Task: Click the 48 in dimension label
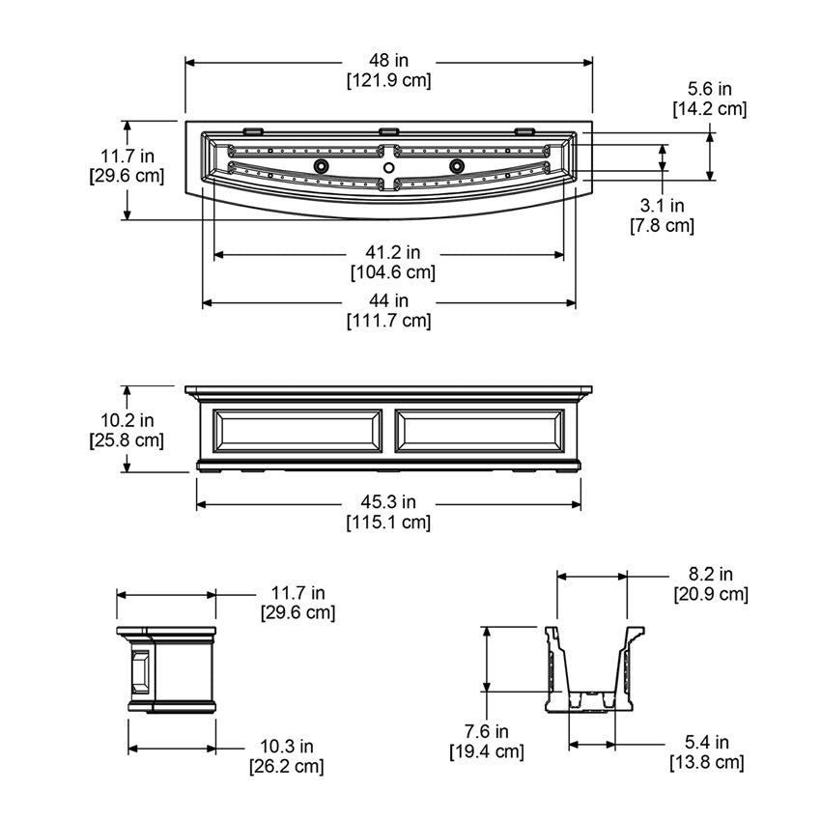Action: pos(388,61)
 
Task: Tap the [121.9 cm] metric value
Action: pos(388,80)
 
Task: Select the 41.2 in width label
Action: pos(393,252)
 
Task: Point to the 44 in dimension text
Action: pos(388,300)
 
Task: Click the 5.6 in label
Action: pos(710,89)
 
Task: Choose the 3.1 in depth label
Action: pos(662,206)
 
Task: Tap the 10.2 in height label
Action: pos(127,420)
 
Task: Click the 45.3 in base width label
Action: pos(388,502)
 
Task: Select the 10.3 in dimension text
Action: pos(287,746)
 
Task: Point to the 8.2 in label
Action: pos(711,575)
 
